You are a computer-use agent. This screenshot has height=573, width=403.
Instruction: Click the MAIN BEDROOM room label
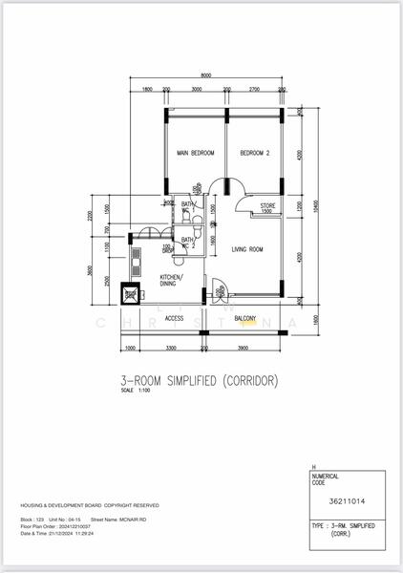click(195, 153)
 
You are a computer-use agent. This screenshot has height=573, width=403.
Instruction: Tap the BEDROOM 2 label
click(255, 153)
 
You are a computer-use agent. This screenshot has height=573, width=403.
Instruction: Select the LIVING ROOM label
click(247, 249)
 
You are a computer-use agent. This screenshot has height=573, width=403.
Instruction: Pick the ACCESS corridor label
click(174, 318)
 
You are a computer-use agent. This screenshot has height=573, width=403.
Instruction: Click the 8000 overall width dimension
click(206, 75)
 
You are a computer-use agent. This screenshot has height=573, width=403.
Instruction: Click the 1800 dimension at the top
click(147, 89)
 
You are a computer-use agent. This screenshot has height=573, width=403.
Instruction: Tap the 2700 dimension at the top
click(254, 89)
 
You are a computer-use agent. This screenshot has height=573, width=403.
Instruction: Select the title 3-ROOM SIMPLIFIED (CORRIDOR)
click(200, 380)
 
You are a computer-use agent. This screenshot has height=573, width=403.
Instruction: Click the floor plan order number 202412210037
click(76, 525)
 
